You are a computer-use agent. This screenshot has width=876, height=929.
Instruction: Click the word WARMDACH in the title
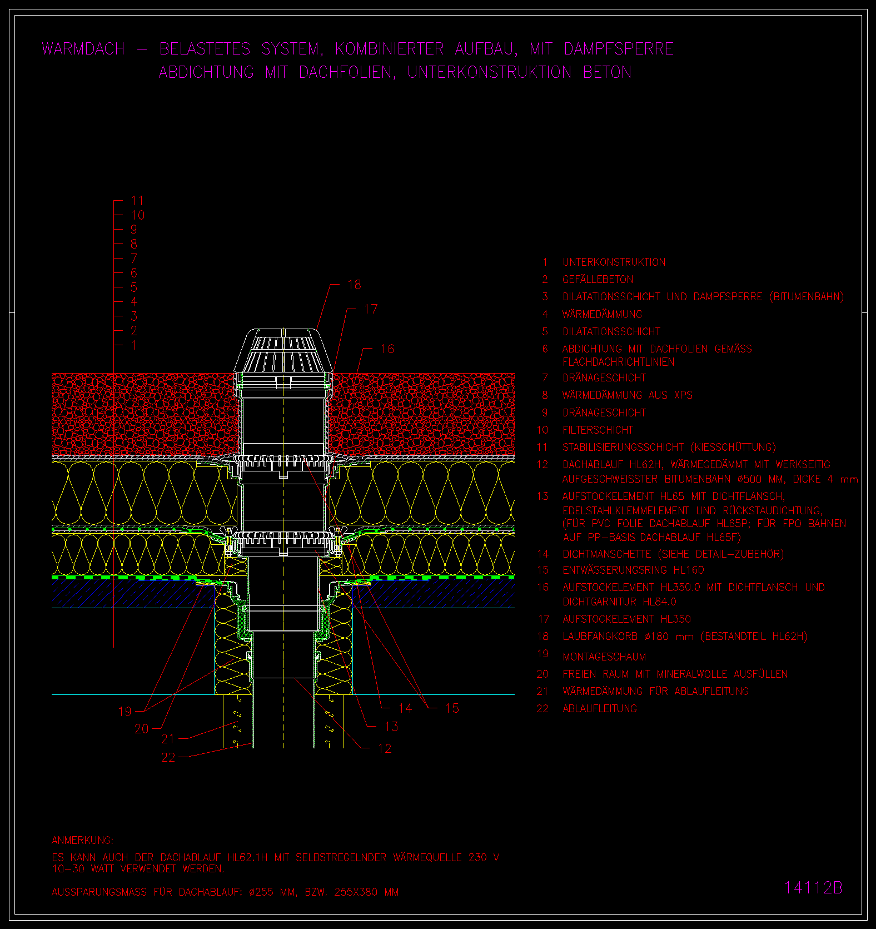click(83, 49)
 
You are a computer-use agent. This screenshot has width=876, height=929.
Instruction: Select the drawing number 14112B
click(813, 887)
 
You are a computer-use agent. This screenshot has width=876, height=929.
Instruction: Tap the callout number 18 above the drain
click(354, 285)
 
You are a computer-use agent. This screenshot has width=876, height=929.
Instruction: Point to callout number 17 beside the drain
click(371, 309)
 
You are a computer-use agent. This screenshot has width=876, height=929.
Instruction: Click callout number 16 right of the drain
click(387, 349)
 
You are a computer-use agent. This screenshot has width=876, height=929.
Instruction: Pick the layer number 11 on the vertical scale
click(137, 201)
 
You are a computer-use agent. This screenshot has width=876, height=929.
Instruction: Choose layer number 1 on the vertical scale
click(134, 345)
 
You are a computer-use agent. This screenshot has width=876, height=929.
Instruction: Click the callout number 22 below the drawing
click(168, 757)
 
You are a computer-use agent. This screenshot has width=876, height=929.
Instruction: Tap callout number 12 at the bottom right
click(385, 749)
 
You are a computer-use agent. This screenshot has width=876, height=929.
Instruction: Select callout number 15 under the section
click(452, 708)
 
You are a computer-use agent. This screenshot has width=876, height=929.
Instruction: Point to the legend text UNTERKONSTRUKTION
click(614, 262)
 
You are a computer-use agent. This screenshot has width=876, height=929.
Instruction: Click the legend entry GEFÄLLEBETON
click(598, 279)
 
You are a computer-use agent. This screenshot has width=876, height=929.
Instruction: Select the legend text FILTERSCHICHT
click(598, 430)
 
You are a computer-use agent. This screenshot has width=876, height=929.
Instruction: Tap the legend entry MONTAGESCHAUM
click(604, 657)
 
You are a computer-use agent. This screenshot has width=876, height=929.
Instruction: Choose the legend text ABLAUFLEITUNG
click(600, 708)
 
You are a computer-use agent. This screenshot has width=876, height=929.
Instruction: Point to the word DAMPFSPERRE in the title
click(619, 49)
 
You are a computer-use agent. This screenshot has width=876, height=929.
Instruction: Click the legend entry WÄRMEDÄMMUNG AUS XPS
click(628, 395)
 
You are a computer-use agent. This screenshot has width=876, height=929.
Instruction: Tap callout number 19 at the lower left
click(125, 712)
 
